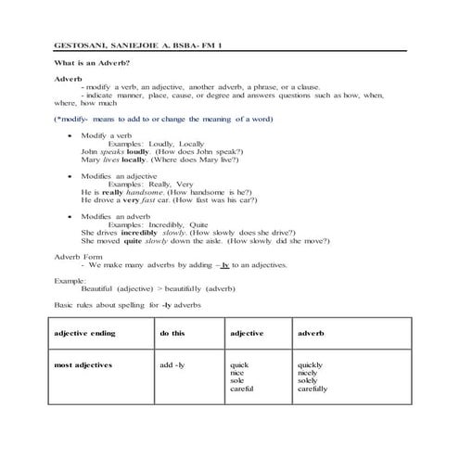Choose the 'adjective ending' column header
[85, 332]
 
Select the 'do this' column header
[172, 332]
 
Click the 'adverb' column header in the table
[311, 332]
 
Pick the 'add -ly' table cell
[172, 364]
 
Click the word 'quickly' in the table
[312, 364]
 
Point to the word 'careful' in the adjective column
[242, 389]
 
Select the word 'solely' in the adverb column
[309, 380]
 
